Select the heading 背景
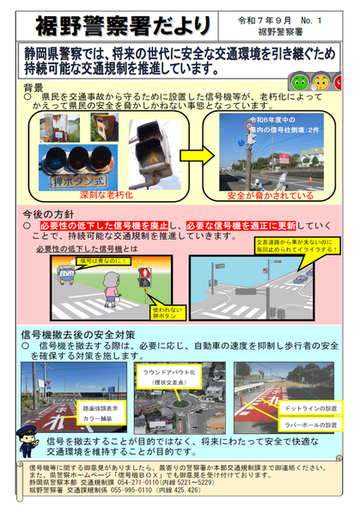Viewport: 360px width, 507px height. (x=34, y=89)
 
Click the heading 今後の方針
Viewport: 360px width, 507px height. (x=44, y=212)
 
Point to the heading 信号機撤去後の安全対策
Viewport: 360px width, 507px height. (x=78, y=333)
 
